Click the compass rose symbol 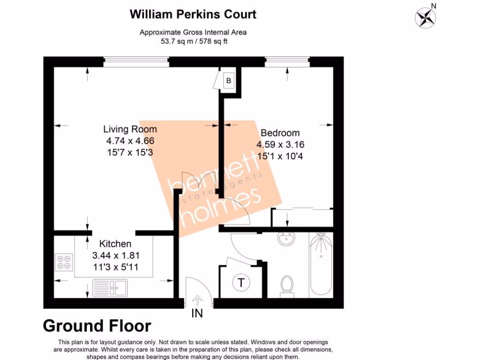425,17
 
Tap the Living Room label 130,129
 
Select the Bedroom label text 280,133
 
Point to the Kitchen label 115,244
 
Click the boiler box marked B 229,81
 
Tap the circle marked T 241,283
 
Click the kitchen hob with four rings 64,262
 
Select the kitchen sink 110,287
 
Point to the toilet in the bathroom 286,285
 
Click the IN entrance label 197,314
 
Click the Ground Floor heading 97,325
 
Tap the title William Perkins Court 193,14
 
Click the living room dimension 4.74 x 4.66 130,141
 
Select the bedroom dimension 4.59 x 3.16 280,144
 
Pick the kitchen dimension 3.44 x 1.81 115,256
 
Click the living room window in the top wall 136,60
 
